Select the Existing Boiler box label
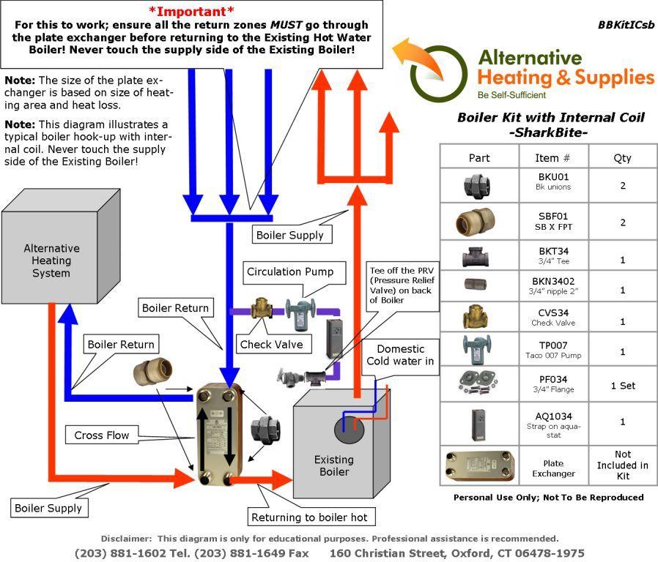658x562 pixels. [x=333, y=465]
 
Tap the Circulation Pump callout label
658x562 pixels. [x=290, y=271]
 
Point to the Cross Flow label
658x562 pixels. [x=102, y=435]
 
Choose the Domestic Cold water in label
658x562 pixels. [x=405, y=355]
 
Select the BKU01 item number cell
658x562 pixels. [x=553, y=181]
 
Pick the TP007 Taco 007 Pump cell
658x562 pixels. [x=553, y=350]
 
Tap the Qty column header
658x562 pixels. [x=622, y=157]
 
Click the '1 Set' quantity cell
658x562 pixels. [x=622, y=386]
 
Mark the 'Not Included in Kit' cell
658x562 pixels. [x=622, y=465]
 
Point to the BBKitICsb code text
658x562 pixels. [x=625, y=24]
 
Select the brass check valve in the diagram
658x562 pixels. [x=260, y=308]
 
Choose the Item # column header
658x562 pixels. [x=553, y=157]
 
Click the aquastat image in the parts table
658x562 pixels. [x=478, y=421]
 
